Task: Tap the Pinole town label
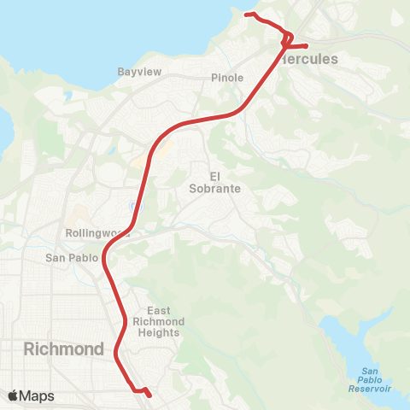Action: point(227,78)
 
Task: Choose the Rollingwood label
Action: point(97,231)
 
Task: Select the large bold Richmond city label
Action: point(64,348)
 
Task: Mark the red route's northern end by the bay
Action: point(247,15)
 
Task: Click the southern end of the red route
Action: point(149,395)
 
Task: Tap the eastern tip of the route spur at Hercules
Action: point(307,44)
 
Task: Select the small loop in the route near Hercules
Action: point(289,38)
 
